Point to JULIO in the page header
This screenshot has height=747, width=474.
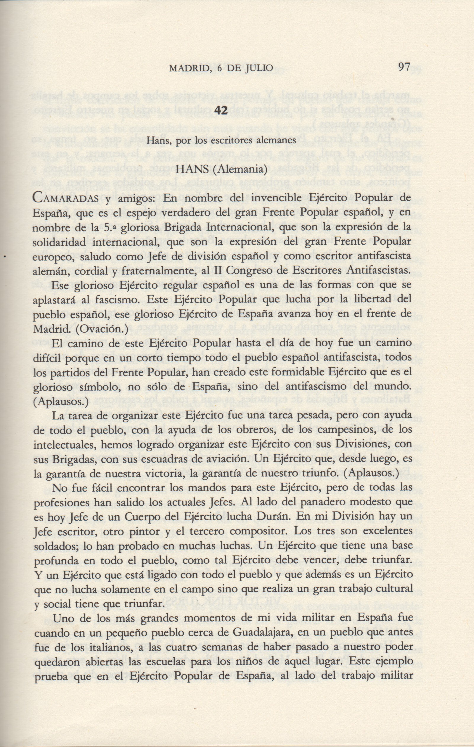(x=260, y=68)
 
